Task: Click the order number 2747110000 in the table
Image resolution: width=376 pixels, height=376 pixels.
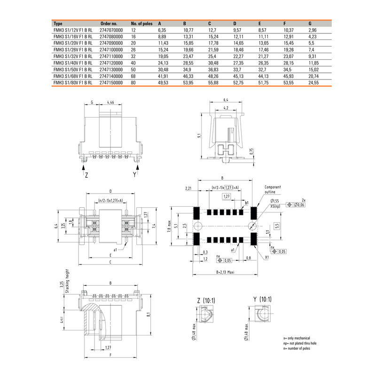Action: pos(111,55)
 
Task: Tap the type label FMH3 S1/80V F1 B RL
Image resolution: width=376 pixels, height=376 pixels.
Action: pos(72,82)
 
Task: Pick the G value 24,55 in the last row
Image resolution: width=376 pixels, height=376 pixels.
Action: pos(313,82)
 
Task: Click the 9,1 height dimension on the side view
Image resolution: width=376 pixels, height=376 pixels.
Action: pos(199,136)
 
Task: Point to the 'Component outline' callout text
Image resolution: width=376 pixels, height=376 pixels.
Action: pos(273,189)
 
